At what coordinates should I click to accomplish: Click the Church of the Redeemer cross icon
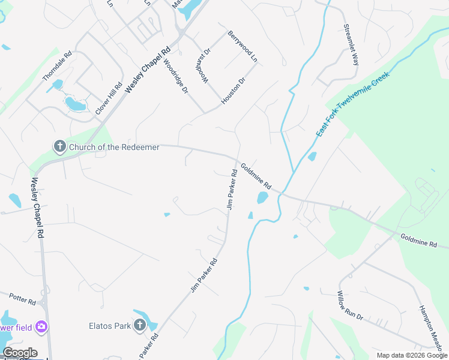(59, 146)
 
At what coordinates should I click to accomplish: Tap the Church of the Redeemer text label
(114, 147)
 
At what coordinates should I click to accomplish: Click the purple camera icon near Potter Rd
(41, 327)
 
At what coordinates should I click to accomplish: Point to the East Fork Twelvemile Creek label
(353, 103)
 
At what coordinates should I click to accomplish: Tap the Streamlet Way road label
(351, 44)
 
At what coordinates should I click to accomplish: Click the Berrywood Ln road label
(243, 47)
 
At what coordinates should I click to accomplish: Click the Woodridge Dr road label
(176, 76)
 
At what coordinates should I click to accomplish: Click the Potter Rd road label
(22, 298)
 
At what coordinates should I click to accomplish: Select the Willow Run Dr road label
(350, 305)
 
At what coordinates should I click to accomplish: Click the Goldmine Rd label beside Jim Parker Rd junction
(256, 176)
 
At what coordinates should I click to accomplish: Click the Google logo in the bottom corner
(20, 353)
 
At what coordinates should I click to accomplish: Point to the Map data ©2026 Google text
(411, 355)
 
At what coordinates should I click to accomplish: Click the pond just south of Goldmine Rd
(262, 197)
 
